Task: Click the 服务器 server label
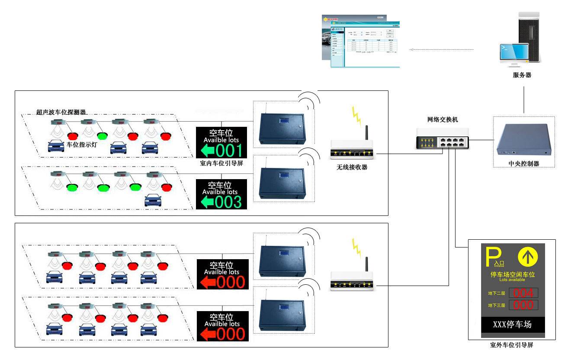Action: click(x=522, y=75)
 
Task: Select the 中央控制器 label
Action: click(x=524, y=164)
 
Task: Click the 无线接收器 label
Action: click(x=352, y=167)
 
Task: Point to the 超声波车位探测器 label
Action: click(x=61, y=112)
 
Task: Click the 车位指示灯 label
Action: click(x=82, y=145)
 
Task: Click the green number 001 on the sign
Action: click(x=229, y=150)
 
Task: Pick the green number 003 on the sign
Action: click(x=229, y=202)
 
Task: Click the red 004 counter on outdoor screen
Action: click(x=523, y=292)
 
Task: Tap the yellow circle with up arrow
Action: click(x=528, y=257)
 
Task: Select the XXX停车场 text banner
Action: click(x=513, y=325)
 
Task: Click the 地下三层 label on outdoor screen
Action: click(x=496, y=305)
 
